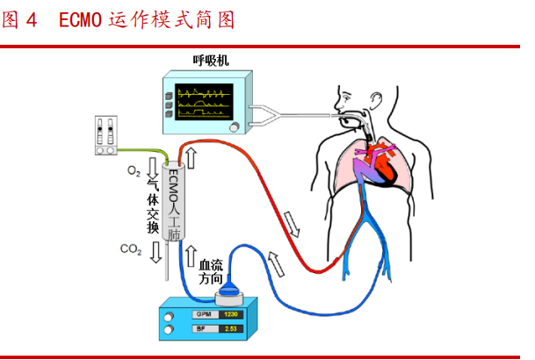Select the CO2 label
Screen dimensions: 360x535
131,249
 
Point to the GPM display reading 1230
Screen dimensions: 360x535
230,313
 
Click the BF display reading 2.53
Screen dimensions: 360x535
230,329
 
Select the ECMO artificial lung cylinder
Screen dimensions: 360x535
173,202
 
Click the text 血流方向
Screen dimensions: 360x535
213,270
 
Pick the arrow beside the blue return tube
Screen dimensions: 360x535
277,260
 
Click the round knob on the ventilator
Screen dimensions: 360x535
235,128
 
